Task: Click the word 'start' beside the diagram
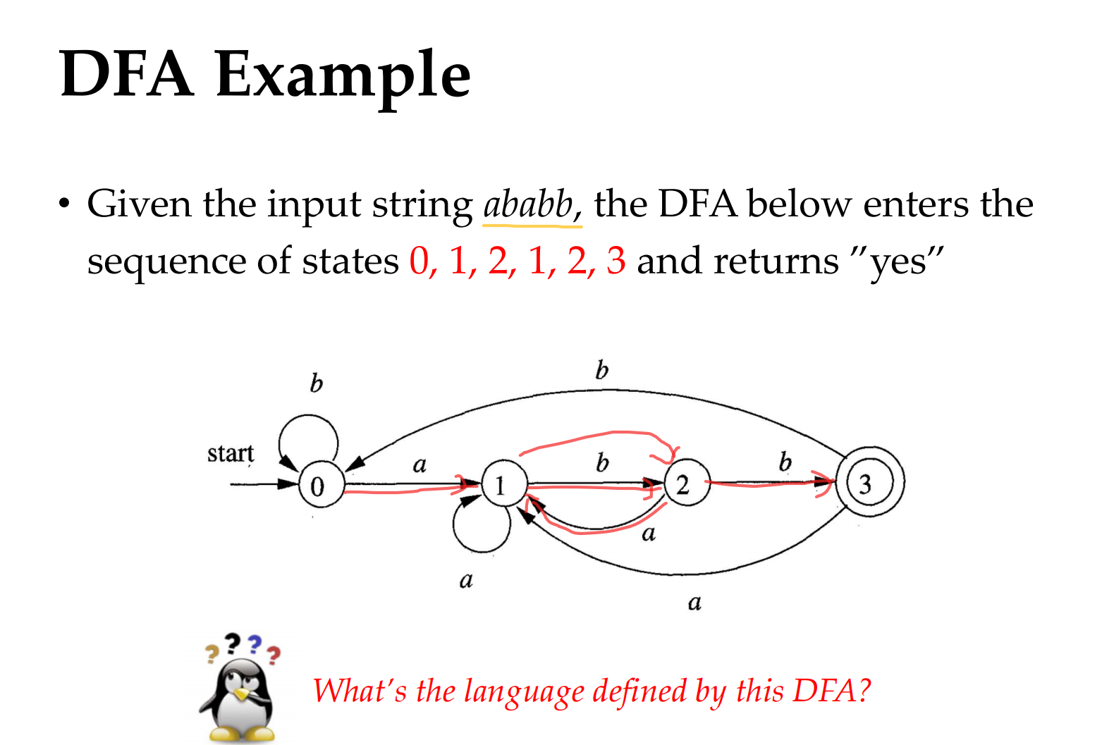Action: point(231,453)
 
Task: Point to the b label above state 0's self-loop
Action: point(316,383)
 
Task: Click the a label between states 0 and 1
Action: point(420,465)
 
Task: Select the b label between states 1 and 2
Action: point(602,462)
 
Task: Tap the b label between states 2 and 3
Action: point(785,462)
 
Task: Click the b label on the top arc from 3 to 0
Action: point(601,370)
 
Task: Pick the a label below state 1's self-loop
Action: point(466,581)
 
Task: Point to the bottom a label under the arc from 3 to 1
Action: point(694,603)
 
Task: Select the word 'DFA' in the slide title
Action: point(126,73)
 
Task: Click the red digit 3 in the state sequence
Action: point(616,261)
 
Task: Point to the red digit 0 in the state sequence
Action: point(419,261)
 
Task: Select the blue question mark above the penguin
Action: point(255,645)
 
